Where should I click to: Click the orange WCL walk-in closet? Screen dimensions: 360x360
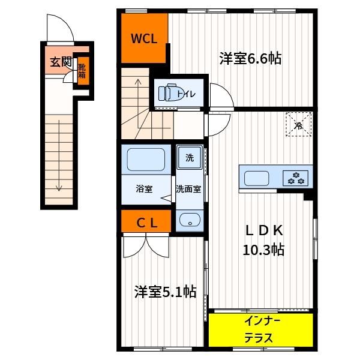144,38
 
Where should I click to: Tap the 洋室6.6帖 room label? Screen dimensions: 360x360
250,59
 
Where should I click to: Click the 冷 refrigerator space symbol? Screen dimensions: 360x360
298,124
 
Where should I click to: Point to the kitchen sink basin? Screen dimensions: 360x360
256,178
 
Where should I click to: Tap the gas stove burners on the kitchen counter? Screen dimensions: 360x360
295,178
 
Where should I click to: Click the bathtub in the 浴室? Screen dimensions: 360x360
146,160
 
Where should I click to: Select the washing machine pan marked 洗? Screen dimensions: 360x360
190,157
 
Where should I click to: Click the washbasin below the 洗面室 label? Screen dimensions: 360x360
190,220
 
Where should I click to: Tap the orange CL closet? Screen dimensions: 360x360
146,221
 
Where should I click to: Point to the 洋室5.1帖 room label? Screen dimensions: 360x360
166,292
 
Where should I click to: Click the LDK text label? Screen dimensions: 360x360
264,230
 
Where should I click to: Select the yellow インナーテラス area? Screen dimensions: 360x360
261,329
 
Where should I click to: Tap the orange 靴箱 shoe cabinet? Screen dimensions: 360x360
82,71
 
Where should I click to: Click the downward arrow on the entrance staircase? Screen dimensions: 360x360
59,155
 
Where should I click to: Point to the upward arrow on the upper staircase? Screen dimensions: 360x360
138,104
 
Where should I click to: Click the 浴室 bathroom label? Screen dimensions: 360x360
144,189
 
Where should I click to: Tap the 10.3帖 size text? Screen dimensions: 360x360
263,250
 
